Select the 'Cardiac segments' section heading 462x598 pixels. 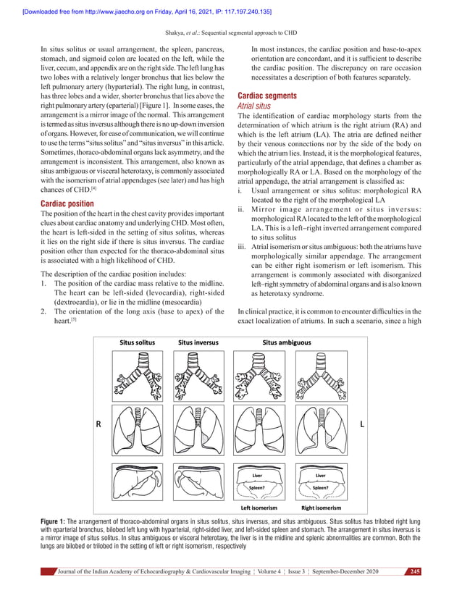click(267, 96)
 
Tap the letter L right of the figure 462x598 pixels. click(361, 426)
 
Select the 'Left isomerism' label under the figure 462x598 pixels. click(259, 509)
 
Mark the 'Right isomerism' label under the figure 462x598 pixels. click(322, 509)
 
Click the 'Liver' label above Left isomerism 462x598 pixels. click(257, 476)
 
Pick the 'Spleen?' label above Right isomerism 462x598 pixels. click(321, 488)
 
